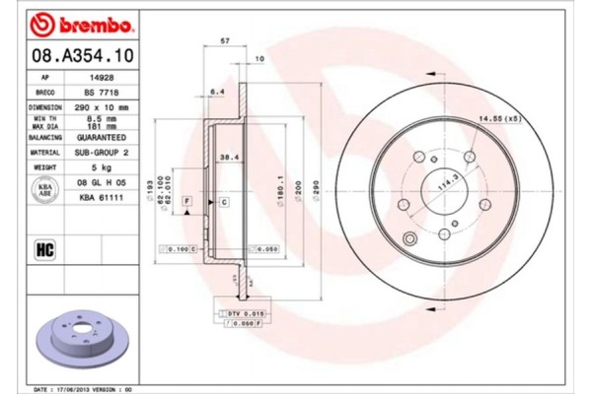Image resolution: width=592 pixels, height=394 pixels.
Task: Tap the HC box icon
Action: click(44, 248)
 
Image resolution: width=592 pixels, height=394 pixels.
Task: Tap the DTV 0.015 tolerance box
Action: click(240, 311)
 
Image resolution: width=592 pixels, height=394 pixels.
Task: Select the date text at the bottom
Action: click(88, 389)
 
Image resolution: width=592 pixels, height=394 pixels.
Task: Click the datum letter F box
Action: click(186, 201)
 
